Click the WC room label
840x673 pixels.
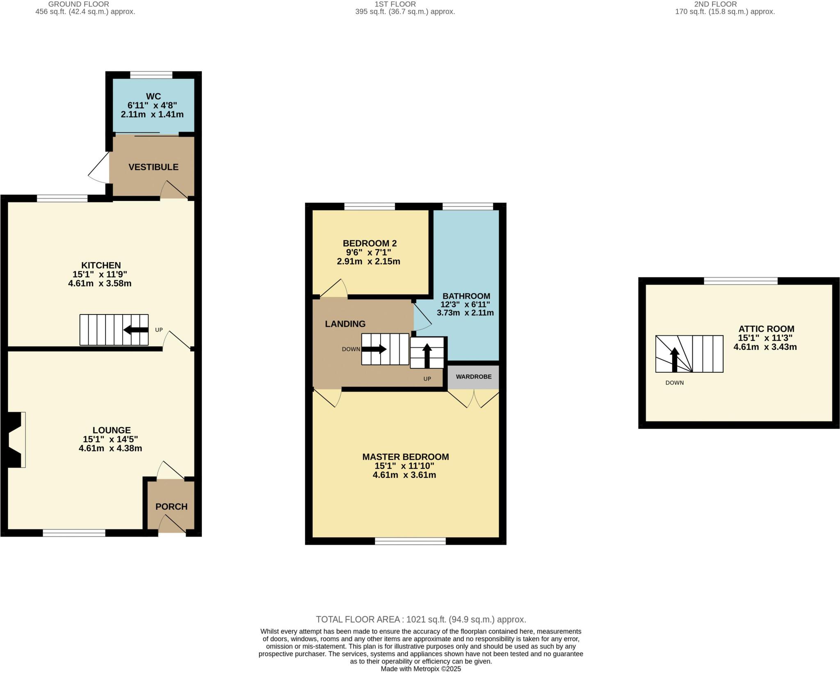pos(153,96)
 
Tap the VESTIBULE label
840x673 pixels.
pos(153,167)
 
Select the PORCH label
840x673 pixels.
pos(171,506)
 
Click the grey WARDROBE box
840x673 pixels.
pos(473,376)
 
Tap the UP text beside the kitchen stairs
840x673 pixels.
pos(159,330)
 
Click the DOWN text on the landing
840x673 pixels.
pos(351,349)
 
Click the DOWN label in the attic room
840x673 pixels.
pos(674,383)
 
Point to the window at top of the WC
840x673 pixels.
pos(151,75)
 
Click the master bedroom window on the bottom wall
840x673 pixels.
pos(410,541)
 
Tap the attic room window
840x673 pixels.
pos(740,281)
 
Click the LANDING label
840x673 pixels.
pos(345,324)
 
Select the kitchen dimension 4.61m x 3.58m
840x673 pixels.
pos(100,283)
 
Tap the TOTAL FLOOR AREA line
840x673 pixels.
pos(421,619)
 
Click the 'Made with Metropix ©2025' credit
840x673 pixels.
pos(421,669)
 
